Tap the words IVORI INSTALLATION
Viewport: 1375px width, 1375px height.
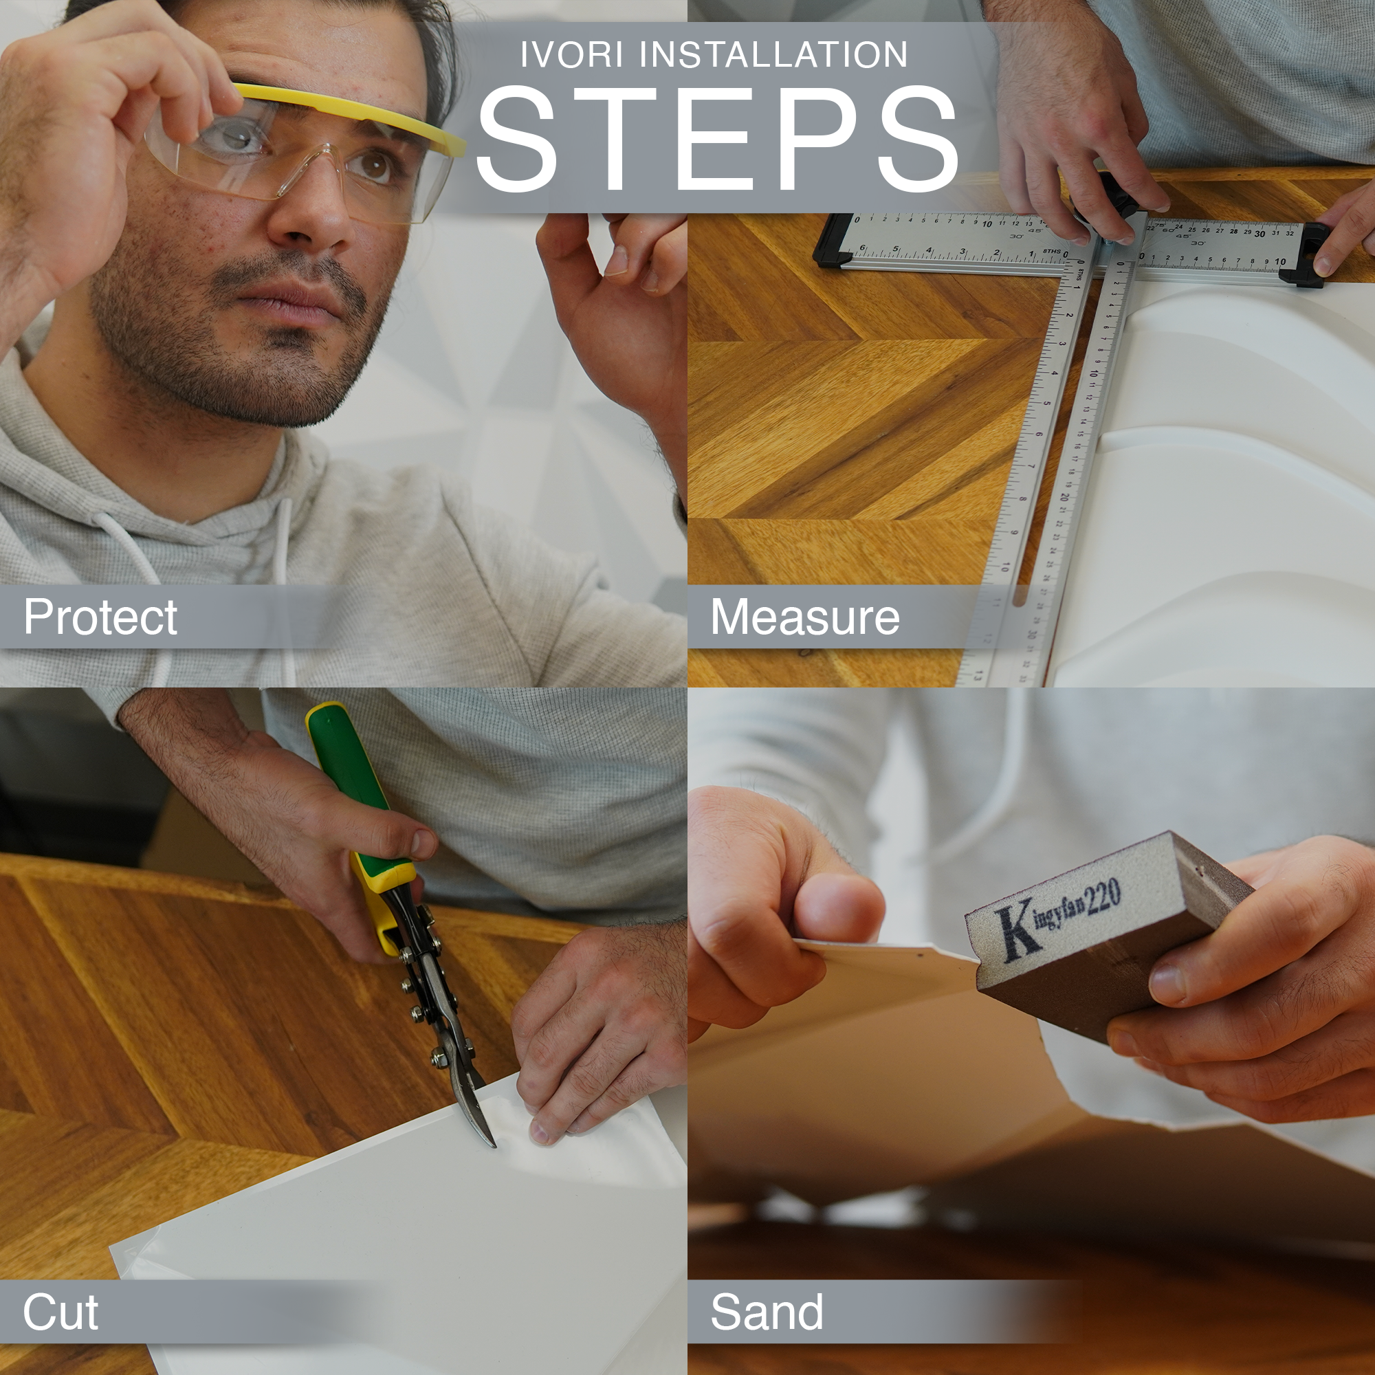(714, 55)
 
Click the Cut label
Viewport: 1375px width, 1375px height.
(60, 1312)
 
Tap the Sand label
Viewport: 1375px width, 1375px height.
(767, 1312)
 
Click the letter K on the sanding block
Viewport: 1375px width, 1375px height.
(1017, 932)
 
